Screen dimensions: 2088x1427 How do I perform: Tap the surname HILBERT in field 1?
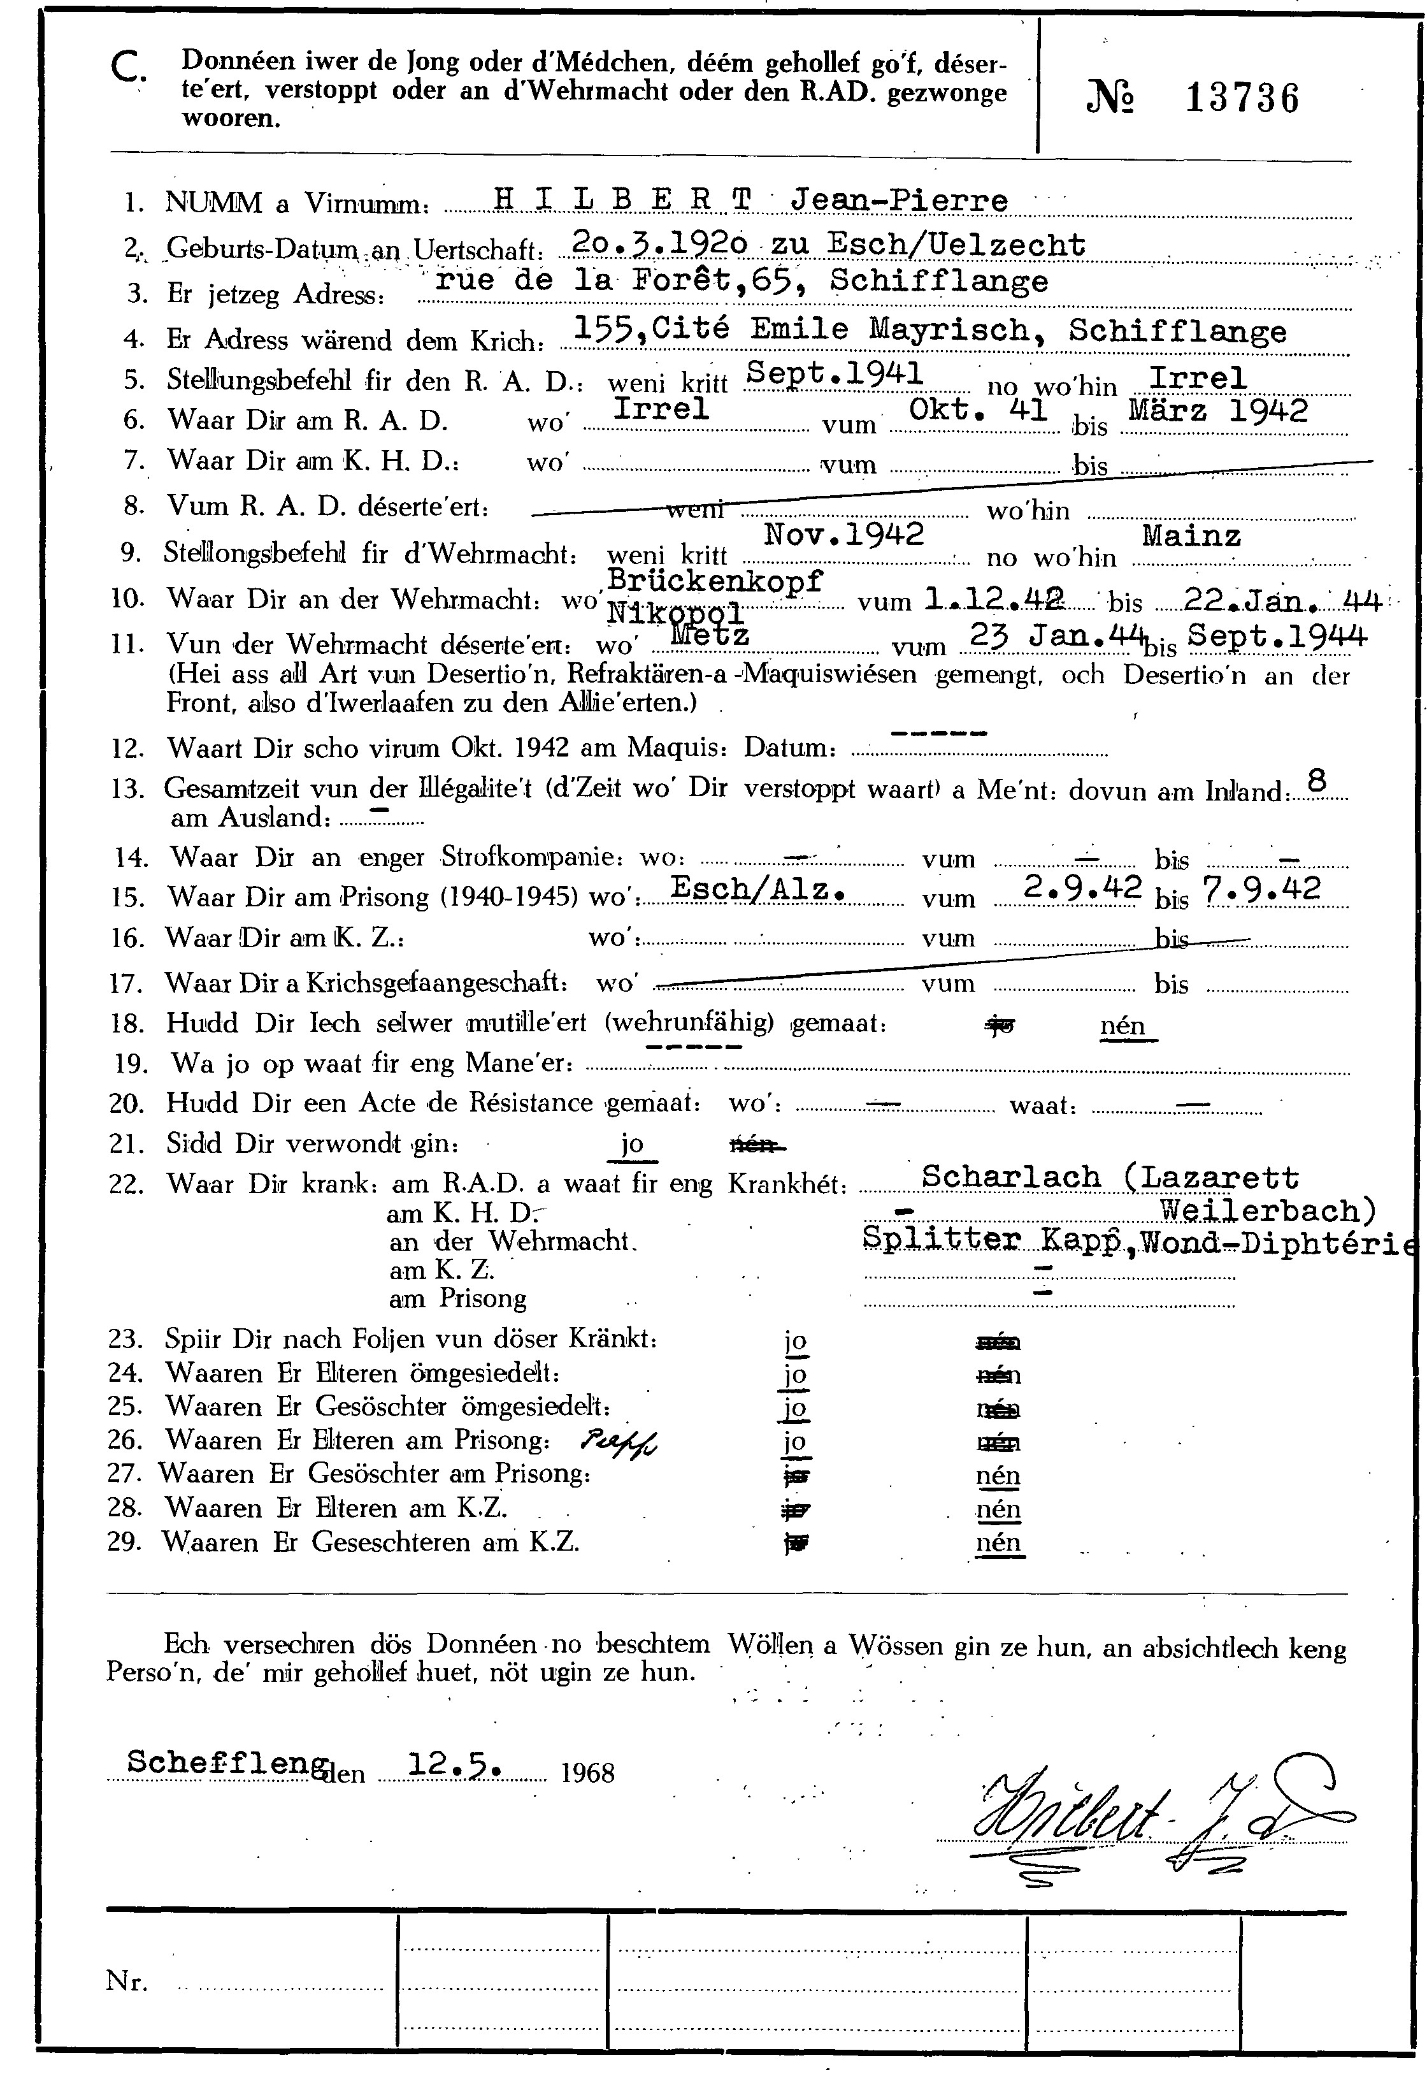[x=622, y=200]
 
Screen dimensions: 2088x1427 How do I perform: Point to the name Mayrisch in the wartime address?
[x=950, y=330]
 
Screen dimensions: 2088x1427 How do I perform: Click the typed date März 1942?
[x=1218, y=410]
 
